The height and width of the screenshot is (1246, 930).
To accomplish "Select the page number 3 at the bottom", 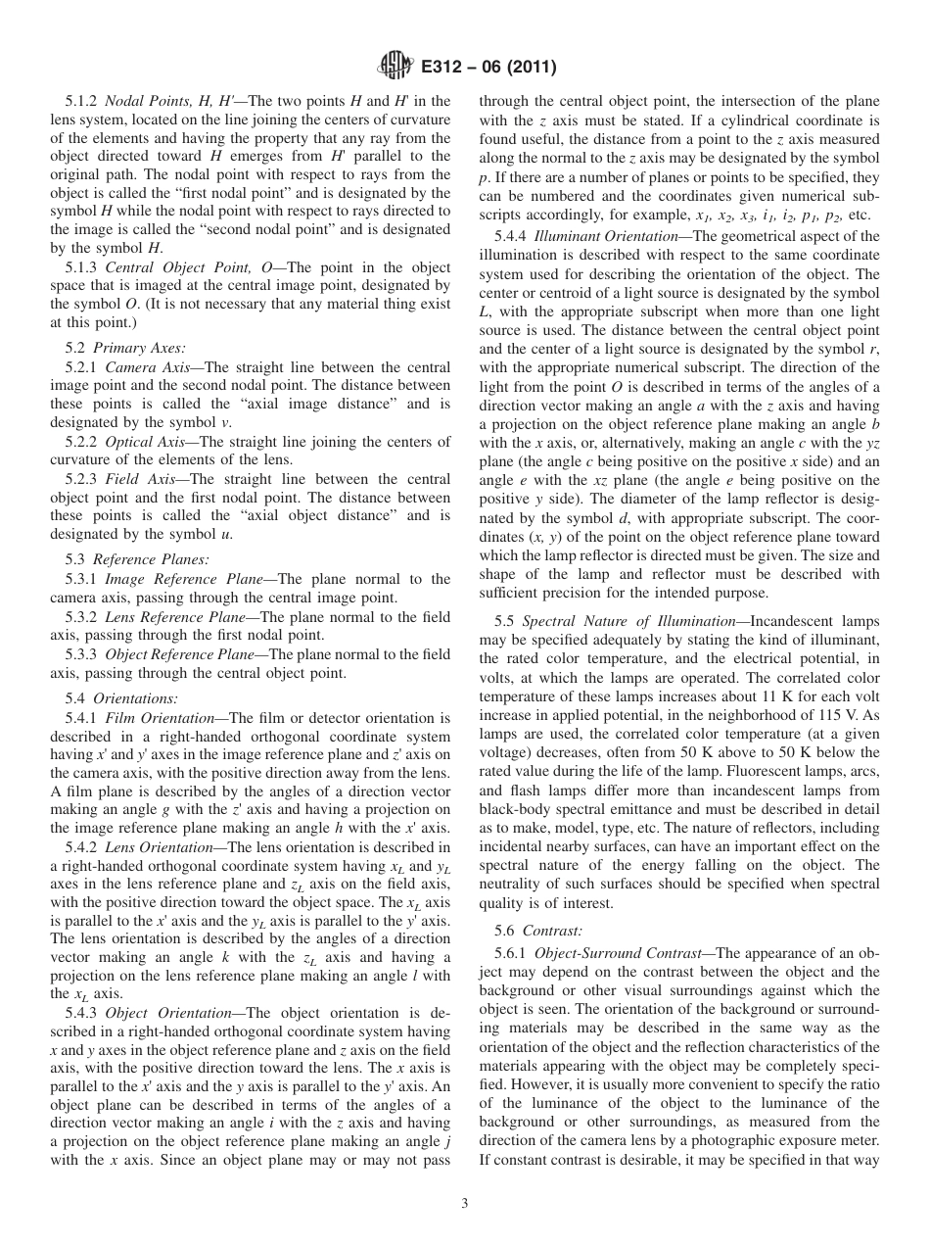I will (465, 1204).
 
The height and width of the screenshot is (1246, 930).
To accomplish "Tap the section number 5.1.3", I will (83, 267).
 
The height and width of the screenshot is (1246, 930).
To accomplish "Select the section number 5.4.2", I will (83, 847).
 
